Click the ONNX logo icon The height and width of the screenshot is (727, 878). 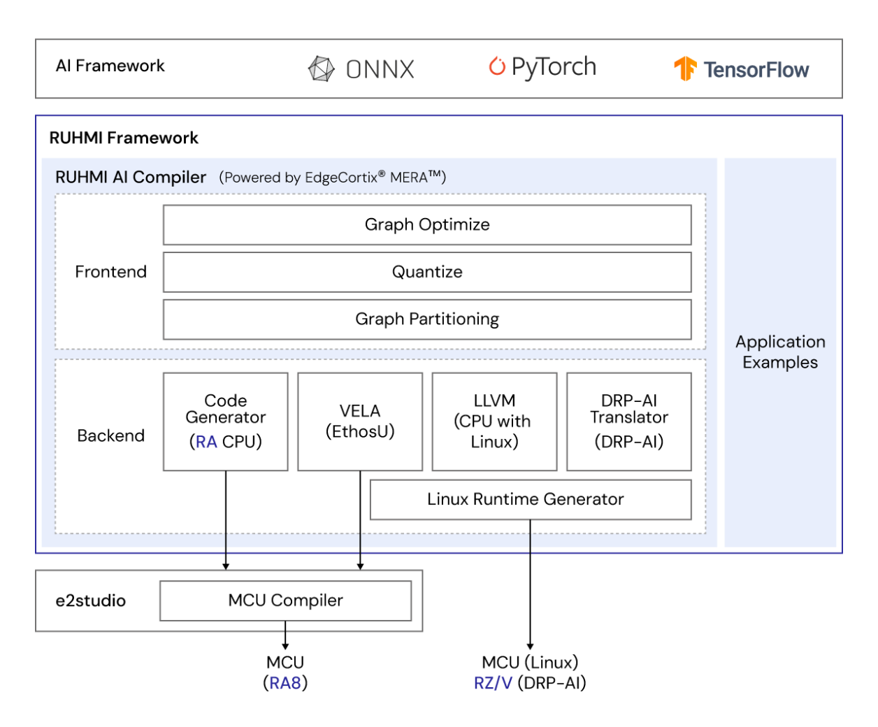point(322,69)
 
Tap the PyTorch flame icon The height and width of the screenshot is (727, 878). point(497,66)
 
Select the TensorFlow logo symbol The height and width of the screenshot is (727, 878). point(685,69)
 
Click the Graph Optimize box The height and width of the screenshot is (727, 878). point(427,225)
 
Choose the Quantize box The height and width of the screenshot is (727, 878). point(427,272)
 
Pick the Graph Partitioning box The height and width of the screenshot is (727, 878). point(427,319)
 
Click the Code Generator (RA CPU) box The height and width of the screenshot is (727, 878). point(225,421)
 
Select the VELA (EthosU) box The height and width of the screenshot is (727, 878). point(360,421)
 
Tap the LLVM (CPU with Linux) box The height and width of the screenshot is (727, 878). point(494,421)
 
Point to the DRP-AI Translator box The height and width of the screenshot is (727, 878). point(628,421)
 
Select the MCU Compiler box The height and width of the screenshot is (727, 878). point(285,600)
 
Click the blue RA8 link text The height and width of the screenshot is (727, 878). point(285,683)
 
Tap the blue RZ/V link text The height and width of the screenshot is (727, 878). point(493,683)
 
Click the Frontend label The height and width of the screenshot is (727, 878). point(110,272)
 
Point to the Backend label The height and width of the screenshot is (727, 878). point(110,436)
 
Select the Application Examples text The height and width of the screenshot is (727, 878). point(780,352)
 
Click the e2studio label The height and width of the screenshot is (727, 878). point(91,600)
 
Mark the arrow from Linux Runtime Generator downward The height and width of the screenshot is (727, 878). point(530,587)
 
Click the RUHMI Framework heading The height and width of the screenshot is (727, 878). point(124,138)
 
